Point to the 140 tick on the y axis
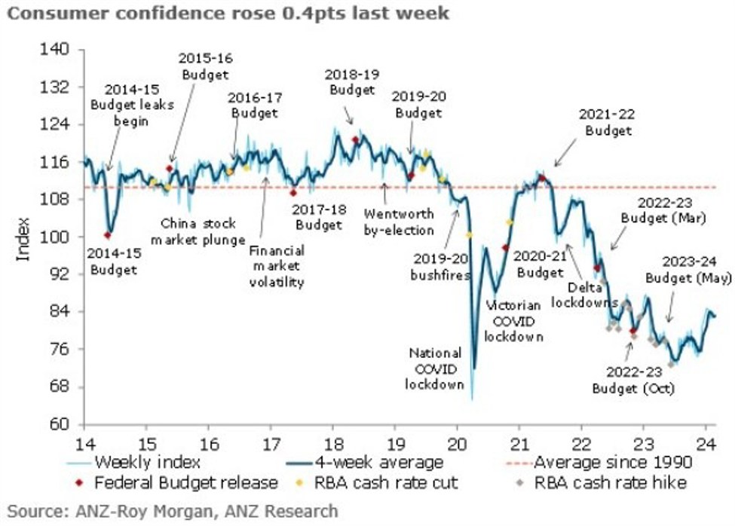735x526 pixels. (59, 50)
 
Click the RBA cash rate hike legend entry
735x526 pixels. (603, 482)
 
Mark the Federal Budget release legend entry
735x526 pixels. (184, 482)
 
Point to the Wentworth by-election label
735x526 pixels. (399, 222)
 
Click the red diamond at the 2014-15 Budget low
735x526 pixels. (108, 235)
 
